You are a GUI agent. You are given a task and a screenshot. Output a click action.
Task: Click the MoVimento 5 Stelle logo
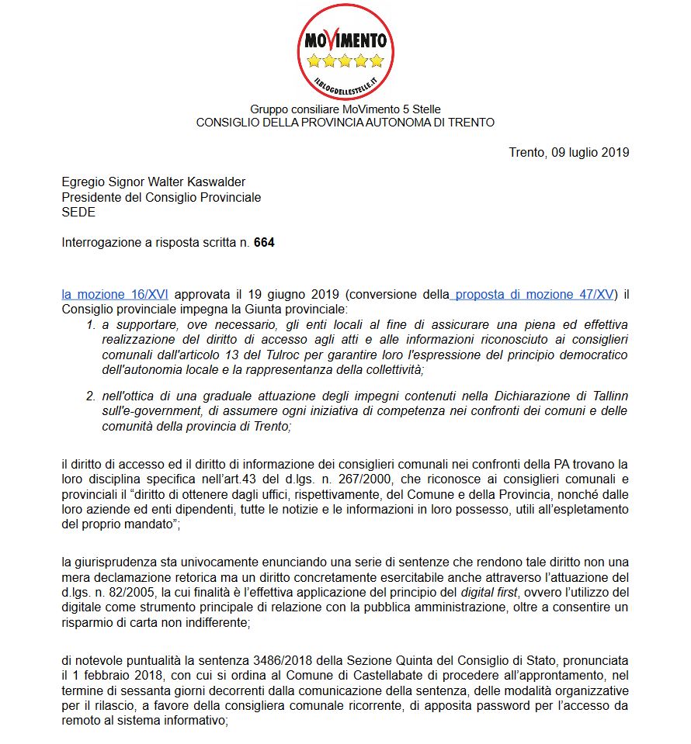point(345,51)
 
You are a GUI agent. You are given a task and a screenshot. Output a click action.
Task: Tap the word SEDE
point(78,213)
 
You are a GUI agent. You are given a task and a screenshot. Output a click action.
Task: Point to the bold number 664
point(264,243)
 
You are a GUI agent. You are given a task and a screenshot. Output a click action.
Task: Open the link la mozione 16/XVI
point(116,294)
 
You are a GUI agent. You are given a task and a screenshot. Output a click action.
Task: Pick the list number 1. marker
point(91,324)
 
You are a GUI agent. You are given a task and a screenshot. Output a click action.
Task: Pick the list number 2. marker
point(91,396)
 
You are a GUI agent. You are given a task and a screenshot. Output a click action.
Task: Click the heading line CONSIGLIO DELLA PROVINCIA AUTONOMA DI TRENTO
point(345,123)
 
